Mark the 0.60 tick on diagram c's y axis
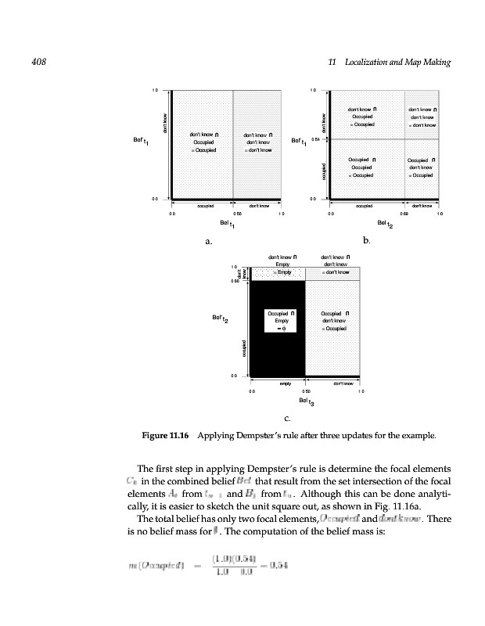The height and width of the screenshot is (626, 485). point(234,282)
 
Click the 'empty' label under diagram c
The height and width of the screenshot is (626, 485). point(286,383)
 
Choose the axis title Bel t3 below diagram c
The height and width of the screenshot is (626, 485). point(306,402)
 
